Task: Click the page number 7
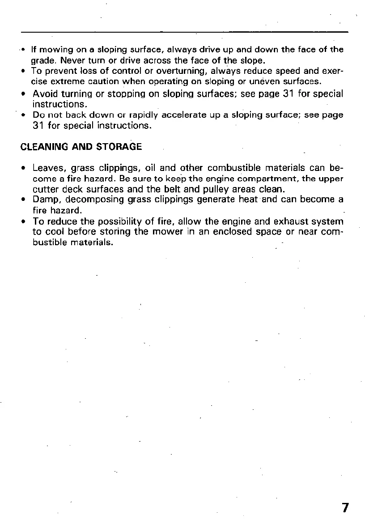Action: pos(345,508)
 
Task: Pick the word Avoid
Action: pos(46,94)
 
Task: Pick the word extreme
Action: pos(63,81)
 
